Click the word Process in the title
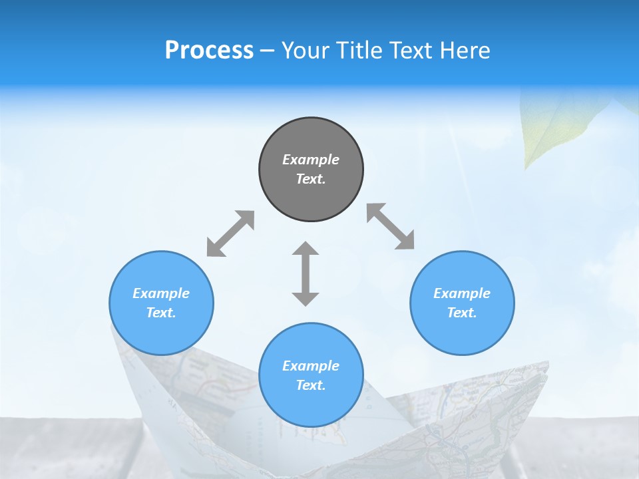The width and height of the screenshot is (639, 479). pos(209,51)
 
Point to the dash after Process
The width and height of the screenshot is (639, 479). pos(267,51)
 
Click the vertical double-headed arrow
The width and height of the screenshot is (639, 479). pos(306,274)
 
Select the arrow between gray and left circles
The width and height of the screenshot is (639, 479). pos(230,234)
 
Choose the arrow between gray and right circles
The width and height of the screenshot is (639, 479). pos(391,227)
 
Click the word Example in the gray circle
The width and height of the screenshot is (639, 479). pos(311,160)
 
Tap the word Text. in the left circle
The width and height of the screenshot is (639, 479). pos(161,313)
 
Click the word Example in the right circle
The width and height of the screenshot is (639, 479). pos(462,293)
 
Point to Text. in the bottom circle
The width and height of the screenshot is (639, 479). pos(311,385)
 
